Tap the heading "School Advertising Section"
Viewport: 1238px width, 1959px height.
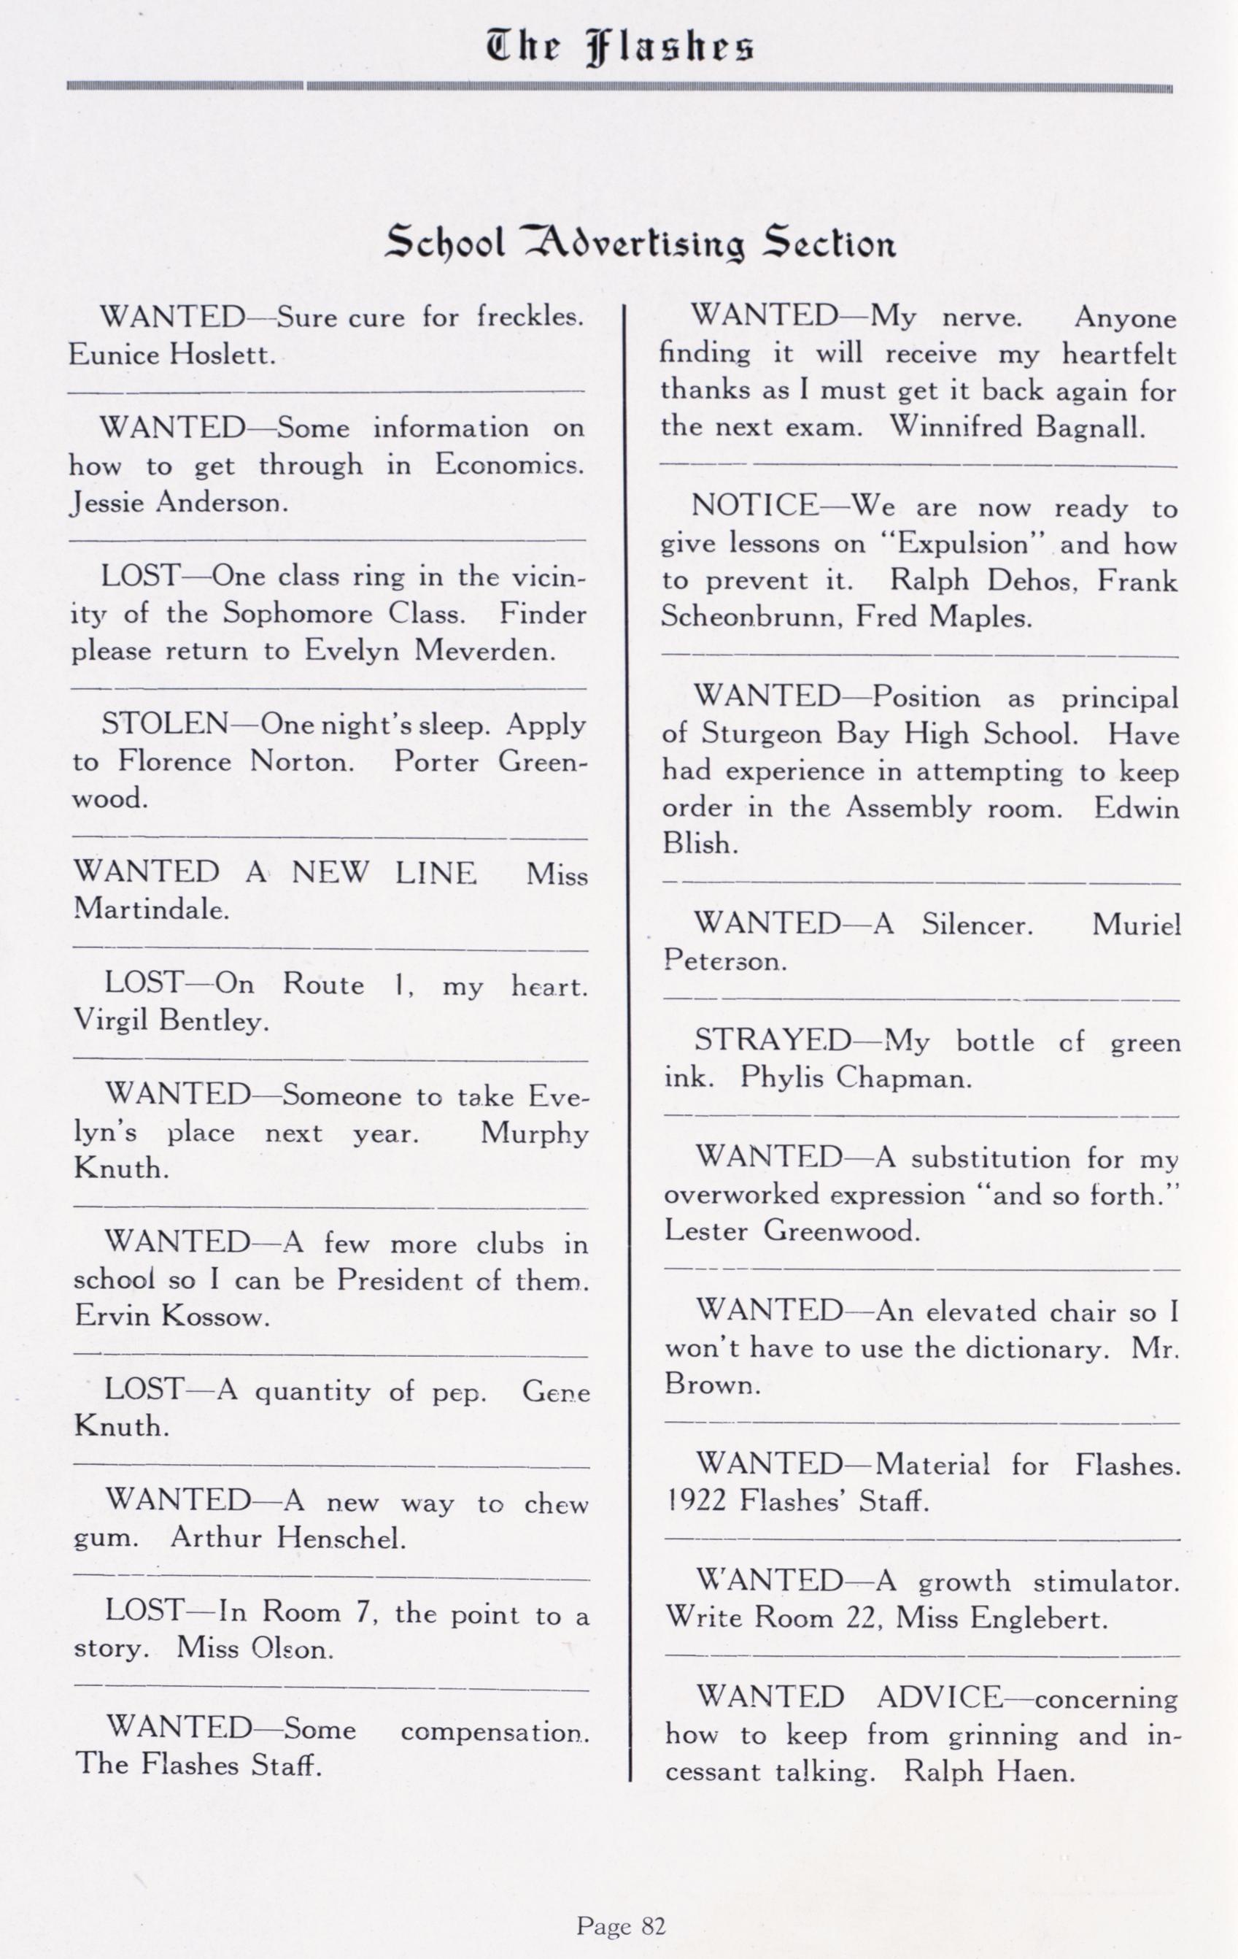[x=640, y=242]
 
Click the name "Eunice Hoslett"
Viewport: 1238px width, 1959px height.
[x=171, y=355]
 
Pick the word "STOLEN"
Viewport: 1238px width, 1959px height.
[x=165, y=724]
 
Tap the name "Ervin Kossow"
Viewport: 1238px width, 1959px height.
[x=171, y=1315]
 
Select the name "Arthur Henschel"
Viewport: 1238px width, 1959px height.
[x=288, y=1538]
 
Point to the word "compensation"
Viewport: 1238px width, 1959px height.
[x=494, y=1731]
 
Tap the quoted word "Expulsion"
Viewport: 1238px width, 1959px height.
[x=963, y=544]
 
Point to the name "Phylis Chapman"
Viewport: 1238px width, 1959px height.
[x=856, y=1078]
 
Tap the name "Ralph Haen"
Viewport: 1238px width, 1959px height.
[x=989, y=1772]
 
